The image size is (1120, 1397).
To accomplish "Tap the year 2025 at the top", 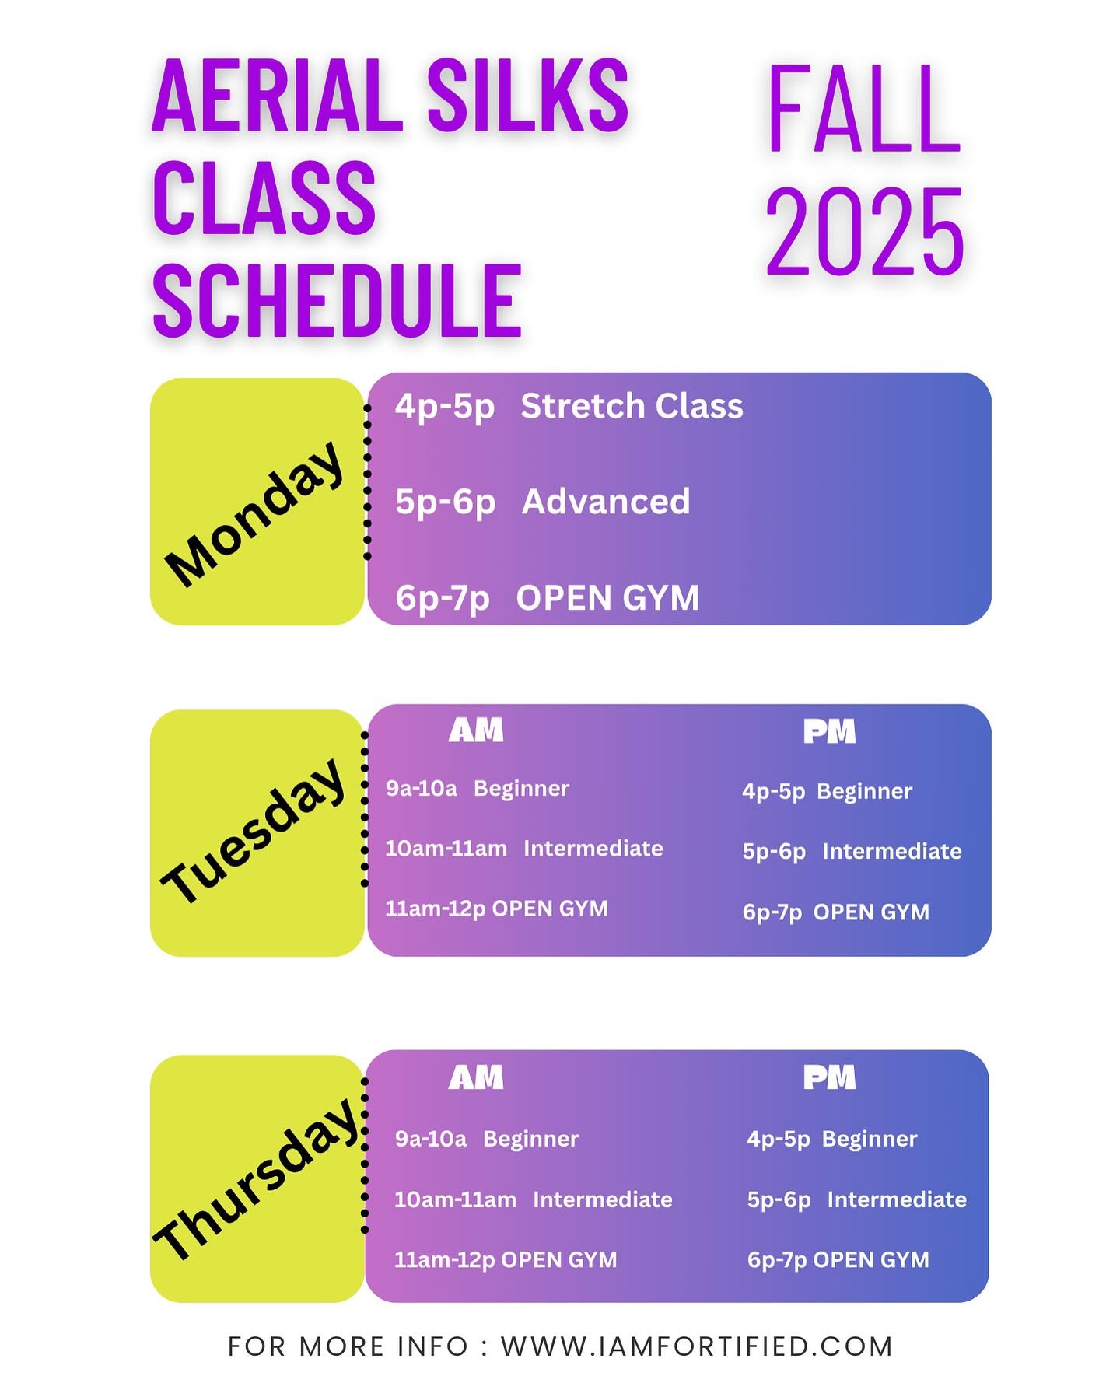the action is [864, 233].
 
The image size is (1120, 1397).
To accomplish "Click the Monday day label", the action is [255, 513].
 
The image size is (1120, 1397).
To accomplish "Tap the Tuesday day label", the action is [254, 831].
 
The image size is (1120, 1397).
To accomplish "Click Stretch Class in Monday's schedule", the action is [632, 406].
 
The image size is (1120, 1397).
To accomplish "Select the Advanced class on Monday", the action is [606, 502].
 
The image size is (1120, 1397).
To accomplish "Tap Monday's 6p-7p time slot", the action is [443, 598].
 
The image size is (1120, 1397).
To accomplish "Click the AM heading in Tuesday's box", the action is [476, 730].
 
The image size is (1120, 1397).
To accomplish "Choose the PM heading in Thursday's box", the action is [829, 1077].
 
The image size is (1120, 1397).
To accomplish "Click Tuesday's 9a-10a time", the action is [422, 789].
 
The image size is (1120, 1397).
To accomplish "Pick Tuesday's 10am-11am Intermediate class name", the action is [593, 848].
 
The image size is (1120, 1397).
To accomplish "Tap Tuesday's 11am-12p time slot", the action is [436, 909].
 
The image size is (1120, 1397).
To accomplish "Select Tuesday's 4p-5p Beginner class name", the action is [864, 792].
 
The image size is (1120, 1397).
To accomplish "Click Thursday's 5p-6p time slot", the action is [779, 1200].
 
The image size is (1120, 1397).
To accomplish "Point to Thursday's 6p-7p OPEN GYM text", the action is [838, 1260].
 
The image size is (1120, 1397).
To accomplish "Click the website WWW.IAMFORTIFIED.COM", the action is [697, 1346].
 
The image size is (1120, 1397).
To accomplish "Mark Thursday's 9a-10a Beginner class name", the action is [530, 1140].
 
